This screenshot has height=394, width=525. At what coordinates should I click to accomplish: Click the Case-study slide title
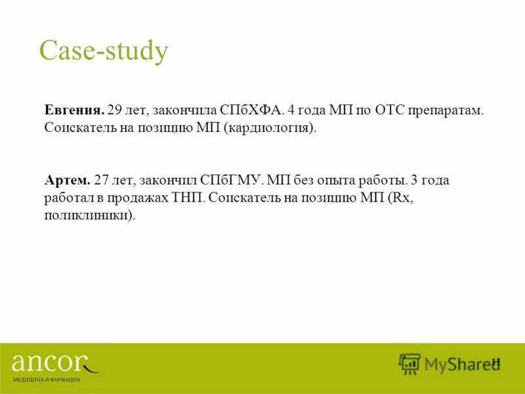tap(104, 51)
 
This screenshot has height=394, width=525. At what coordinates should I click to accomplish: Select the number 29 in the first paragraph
tap(116, 110)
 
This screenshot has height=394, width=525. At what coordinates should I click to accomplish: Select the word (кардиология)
tap(269, 127)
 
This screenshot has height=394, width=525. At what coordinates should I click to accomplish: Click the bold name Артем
tap(66, 180)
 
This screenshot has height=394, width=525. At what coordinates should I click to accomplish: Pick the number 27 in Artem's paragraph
tap(103, 180)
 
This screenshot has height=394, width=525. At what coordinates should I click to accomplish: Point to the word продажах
tap(144, 198)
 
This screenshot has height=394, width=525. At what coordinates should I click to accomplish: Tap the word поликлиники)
tap(90, 215)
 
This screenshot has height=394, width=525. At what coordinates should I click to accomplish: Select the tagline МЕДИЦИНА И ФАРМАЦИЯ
tap(46, 380)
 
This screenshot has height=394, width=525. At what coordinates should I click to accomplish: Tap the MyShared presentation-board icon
tap(409, 364)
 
